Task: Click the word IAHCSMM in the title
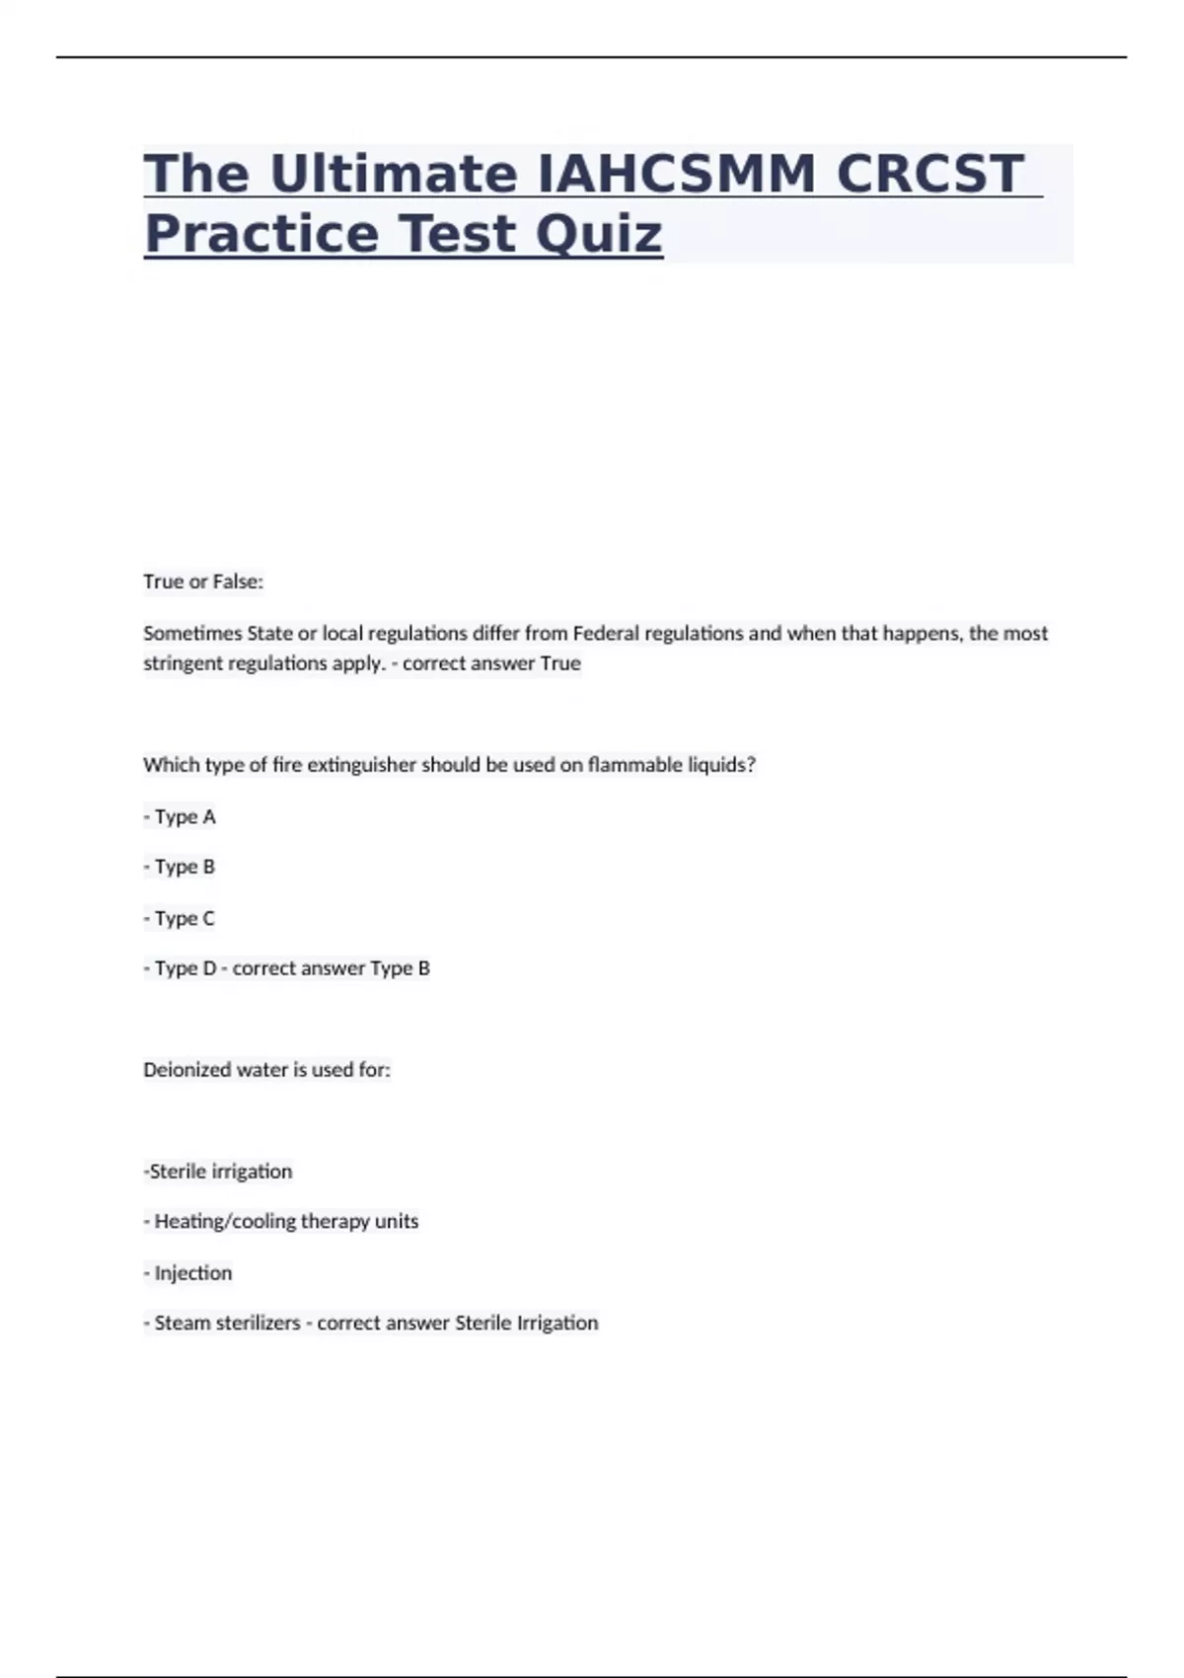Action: point(677,174)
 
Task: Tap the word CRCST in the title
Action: point(930,174)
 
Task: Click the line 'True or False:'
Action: point(203,581)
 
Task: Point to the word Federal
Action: point(606,633)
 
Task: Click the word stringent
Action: point(183,663)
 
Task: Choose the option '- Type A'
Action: point(180,816)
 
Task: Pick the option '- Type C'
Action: point(179,918)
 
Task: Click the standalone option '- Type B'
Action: point(179,867)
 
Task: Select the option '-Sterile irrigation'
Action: point(218,1172)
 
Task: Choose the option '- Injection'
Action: point(187,1273)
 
